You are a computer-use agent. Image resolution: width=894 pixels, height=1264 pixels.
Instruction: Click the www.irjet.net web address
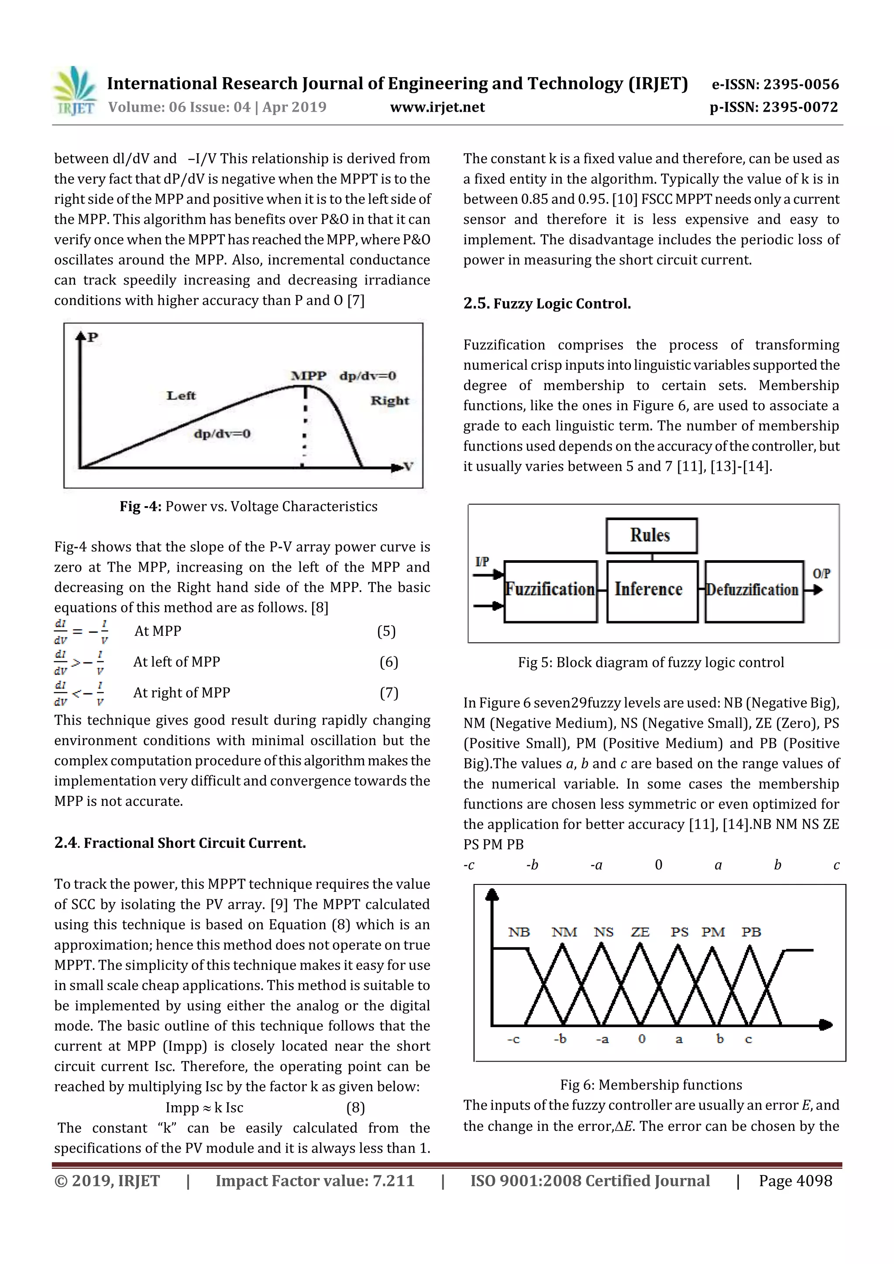tap(437, 107)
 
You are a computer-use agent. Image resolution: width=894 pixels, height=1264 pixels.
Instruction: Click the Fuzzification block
tap(550, 590)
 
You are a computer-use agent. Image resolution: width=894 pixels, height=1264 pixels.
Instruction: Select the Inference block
tap(651, 590)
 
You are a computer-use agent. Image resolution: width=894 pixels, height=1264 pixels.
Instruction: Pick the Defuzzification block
tap(753, 590)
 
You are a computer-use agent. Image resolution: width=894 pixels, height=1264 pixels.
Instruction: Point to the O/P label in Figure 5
tap(821, 574)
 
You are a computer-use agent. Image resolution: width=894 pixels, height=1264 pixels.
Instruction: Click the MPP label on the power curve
tap(309, 376)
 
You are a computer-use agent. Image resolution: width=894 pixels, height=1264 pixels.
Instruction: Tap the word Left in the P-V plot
tap(181, 395)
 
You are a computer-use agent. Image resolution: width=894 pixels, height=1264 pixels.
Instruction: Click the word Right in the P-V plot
tap(389, 401)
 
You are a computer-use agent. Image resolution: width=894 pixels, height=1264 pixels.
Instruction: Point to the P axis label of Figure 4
tap(93, 337)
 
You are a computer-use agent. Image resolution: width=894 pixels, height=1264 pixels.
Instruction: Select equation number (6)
tap(389, 662)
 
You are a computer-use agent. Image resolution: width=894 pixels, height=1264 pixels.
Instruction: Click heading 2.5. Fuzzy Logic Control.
tap(547, 303)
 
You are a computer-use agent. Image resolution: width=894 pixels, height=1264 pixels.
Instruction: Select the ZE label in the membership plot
tap(640, 932)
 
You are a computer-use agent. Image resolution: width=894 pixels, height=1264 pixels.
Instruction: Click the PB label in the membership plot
tap(751, 932)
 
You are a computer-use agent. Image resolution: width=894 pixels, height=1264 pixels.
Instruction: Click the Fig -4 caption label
tap(141, 507)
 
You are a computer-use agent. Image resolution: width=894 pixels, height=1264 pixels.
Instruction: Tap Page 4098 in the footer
tap(795, 1181)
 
